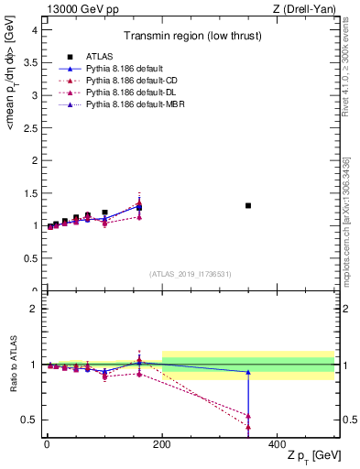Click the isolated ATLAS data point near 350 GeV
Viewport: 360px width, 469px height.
click(248, 205)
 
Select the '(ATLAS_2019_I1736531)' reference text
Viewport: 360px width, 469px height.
click(191, 274)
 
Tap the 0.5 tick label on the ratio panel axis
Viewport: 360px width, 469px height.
click(29, 420)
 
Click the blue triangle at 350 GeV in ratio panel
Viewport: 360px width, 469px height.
click(248, 372)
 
